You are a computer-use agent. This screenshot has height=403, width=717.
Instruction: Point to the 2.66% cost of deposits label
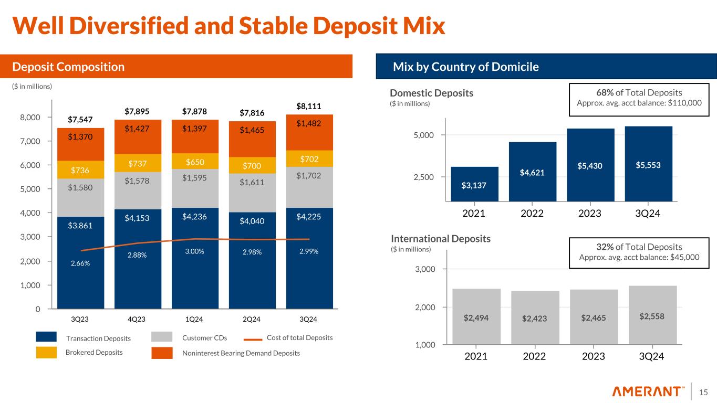(x=80, y=263)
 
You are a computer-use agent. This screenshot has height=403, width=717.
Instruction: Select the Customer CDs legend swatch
(x=162, y=337)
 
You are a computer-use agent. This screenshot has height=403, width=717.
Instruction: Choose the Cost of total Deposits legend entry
(x=299, y=337)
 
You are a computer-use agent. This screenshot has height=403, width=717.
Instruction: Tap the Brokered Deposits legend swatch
(x=46, y=353)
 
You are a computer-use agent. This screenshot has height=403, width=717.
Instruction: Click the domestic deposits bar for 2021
(x=474, y=184)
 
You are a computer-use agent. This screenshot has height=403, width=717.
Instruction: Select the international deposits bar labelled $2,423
(x=535, y=317)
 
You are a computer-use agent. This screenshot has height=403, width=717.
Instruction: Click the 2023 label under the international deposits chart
(x=594, y=356)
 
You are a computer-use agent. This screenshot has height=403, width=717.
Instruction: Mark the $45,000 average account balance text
(x=683, y=257)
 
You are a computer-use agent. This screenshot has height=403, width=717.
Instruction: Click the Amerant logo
(x=649, y=391)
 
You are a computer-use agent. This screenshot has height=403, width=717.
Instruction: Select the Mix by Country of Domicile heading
(x=466, y=67)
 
